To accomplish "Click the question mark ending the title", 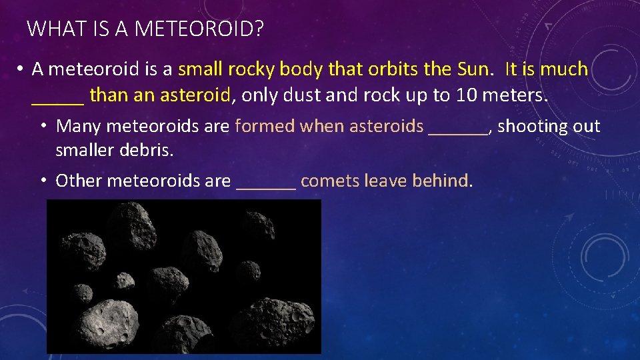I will (257, 29).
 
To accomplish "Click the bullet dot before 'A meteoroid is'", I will (21, 69).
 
